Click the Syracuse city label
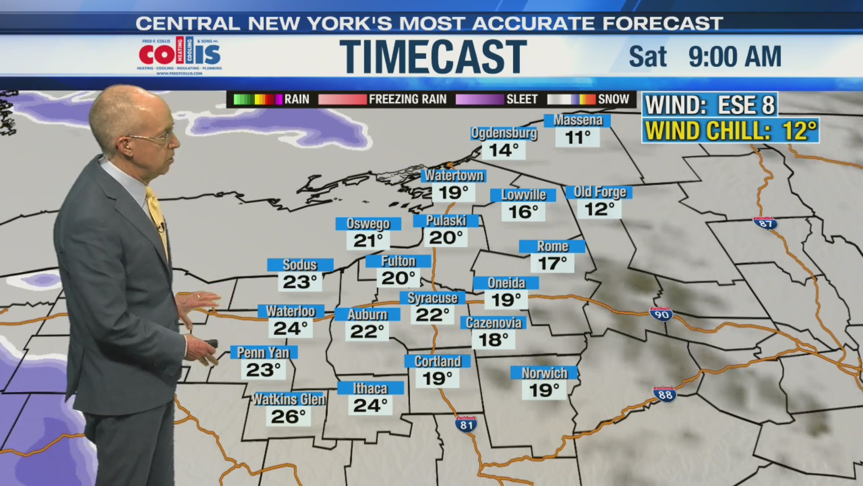pyautogui.click(x=432, y=298)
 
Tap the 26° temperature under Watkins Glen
pyautogui.click(x=289, y=417)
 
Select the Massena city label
pyautogui.click(x=578, y=121)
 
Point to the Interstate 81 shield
pyautogui.click(x=466, y=424)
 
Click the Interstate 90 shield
pyautogui.click(x=661, y=314)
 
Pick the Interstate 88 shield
pyautogui.click(x=665, y=394)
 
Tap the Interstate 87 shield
pyautogui.click(x=765, y=223)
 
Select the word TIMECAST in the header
pyautogui.click(x=432, y=57)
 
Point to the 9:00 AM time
pyautogui.click(x=734, y=57)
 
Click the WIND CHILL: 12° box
pyautogui.click(x=730, y=131)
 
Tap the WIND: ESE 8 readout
pyautogui.click(x=710, y=105)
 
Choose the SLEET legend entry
pyautogui.click(x=497, y=99)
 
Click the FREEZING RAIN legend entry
pyautogui.click(x=383, y=99)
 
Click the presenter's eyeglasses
pyautogui.click(x=153, y=137)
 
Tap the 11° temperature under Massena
pyautogui.click(x=578, y=137)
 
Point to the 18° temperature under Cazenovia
pyautogui.click(x=493, y=340)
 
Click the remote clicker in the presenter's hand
pyautogui.click(x=211, y=344)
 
